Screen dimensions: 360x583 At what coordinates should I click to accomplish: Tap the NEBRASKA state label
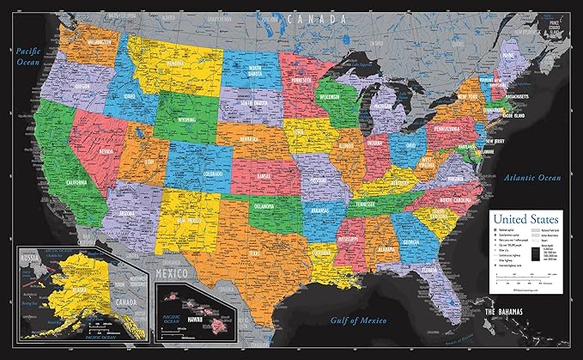(254, 139)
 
